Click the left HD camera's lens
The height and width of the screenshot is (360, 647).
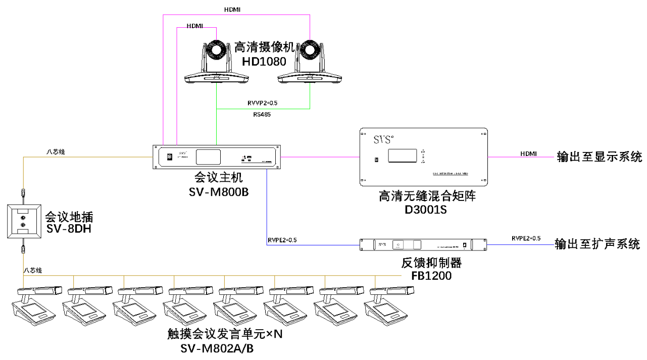[x=217, y=51]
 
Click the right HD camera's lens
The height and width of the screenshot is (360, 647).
[x=310, y=51]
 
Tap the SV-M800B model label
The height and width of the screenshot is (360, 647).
[x=219, y=192]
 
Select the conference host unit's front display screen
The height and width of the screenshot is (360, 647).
[x=208, y=157]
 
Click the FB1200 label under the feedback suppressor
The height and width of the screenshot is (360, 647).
[x=431, y=276]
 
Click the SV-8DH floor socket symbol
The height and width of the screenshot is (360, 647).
[x=22, y=221]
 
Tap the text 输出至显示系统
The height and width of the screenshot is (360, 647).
[x=599, y=157]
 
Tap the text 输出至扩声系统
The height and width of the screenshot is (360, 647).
[x=598, y=245]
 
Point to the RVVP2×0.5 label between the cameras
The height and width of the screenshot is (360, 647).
[x=262, y=103]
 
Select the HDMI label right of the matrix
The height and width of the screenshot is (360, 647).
[x=528, y=153]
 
